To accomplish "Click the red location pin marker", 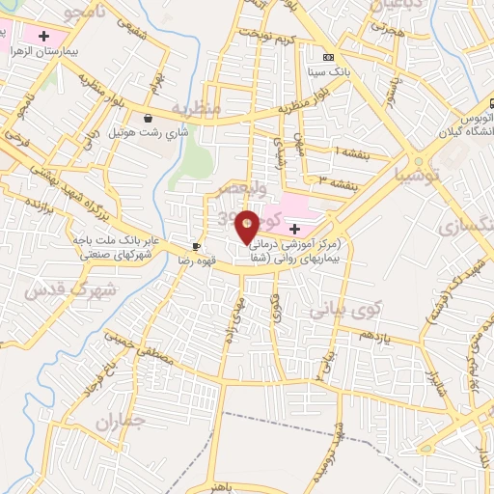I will pyautogui.click(x=248, y=227).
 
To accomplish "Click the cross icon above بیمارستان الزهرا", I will pyautogui.click(x=43, y=35).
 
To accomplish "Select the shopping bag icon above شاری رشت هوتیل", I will pyautogui.click(x=148, y=119).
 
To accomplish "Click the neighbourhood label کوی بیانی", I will pyautogui.click(x=345, y=311).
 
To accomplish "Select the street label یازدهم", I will pyautogui.click(x=372, y=334).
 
